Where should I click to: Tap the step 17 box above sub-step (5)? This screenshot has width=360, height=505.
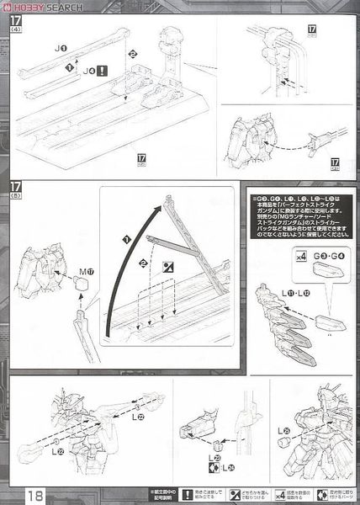click(x=15, y=187)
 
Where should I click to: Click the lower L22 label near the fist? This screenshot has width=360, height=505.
click(x=57, y=452)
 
